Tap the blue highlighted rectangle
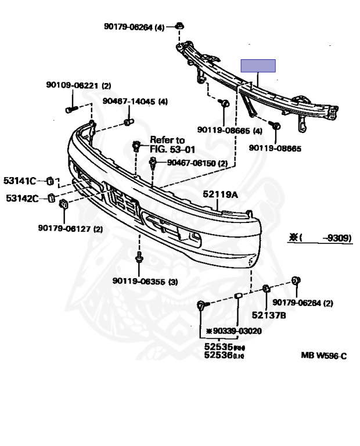pyautogui.click(x=258, y=65)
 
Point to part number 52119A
pyautogui.click(x=220, y=195)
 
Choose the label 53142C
pyautogui.click(x=21, y=199)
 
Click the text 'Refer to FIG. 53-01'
pyautogui.click(x=167, y=144)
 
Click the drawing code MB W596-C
pyautogui.click(x=323, y=355)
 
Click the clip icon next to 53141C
pyautogui.click(x=50, y=179)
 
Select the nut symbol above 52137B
pyautogui.click(x=267, y=289)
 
